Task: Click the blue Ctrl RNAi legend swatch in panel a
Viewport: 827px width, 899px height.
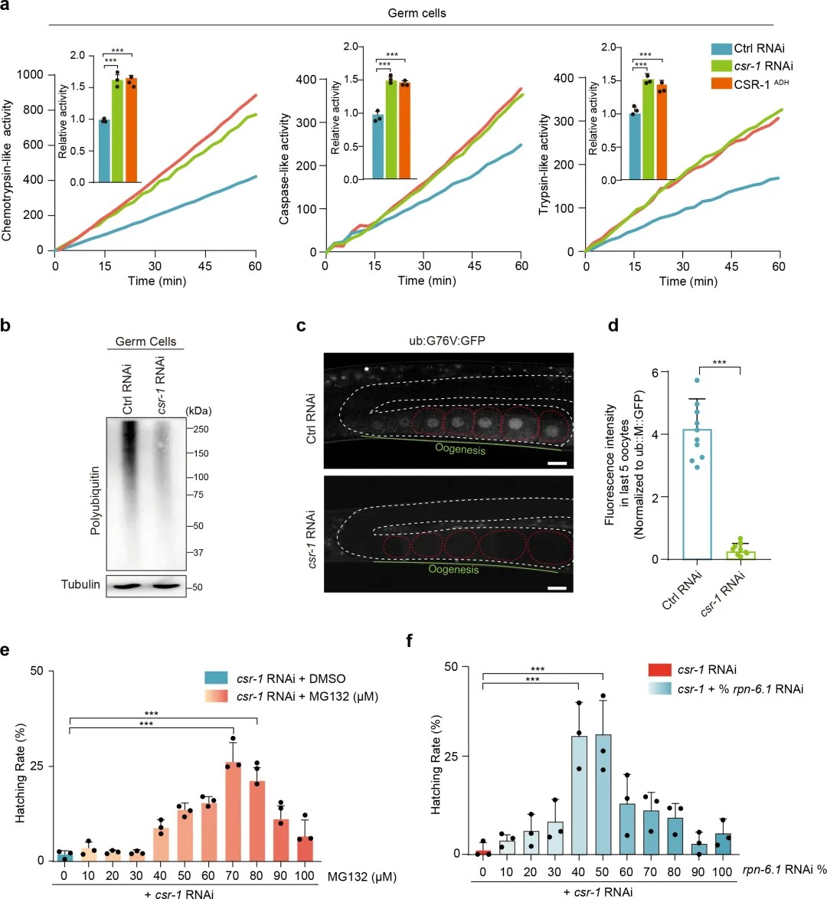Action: click(721, 49)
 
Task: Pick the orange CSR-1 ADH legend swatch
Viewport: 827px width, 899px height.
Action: click(721, 83)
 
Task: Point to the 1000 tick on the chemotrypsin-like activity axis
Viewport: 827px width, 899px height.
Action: click(31, 75)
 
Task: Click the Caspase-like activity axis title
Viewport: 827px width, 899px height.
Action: click(284, 169)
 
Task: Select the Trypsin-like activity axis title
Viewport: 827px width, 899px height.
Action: click(544, 165)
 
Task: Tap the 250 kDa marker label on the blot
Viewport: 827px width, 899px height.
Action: click(200, 430)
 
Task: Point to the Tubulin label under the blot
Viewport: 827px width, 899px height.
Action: click(80, 585)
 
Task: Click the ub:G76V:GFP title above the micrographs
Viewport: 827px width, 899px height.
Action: click(448, 341)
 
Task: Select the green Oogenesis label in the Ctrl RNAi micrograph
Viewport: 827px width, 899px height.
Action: click(460, 449)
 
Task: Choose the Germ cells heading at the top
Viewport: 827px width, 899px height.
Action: click(417, 13)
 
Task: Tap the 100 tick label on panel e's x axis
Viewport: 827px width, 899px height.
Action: click(305, 876)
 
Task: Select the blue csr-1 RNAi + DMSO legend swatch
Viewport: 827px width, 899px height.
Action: click(216, 678)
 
